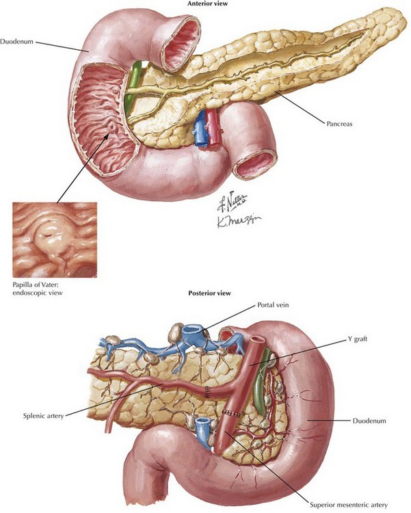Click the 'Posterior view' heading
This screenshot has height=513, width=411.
coord(209,293)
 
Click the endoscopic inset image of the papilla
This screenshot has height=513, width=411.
coord(55,239)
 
